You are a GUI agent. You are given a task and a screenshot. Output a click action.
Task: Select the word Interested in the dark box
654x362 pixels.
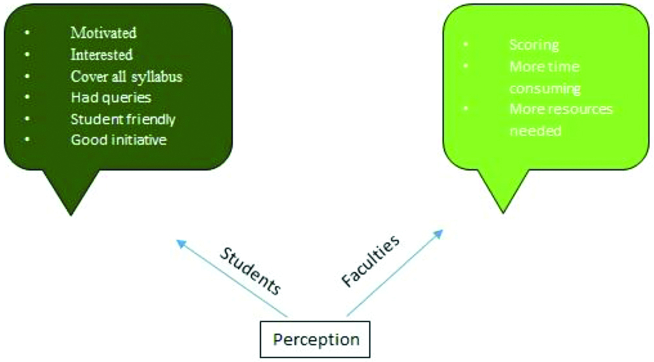(x=101, y=54)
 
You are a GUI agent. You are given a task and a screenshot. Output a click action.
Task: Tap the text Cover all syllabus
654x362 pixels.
(x=126, y=76)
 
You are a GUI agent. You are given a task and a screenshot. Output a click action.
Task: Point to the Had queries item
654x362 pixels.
(x=111, y=98)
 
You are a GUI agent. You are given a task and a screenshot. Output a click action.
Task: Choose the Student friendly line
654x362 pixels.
(x=123, y=120)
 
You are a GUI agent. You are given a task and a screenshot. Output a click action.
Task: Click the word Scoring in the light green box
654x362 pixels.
(x=534, y=45)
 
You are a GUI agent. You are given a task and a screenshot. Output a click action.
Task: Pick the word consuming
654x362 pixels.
(x=545, y=88)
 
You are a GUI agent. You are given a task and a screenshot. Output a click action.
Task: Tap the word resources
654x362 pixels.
(x=580, y=109)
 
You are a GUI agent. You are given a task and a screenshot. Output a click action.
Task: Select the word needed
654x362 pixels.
(x=535, y=131)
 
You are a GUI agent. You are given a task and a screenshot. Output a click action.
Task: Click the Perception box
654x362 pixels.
(x=316, y=340)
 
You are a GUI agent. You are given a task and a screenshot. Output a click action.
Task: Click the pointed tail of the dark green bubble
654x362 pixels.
(x=70, y=210)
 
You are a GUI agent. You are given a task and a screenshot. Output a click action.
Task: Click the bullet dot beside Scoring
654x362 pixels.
(x=466, y=44)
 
